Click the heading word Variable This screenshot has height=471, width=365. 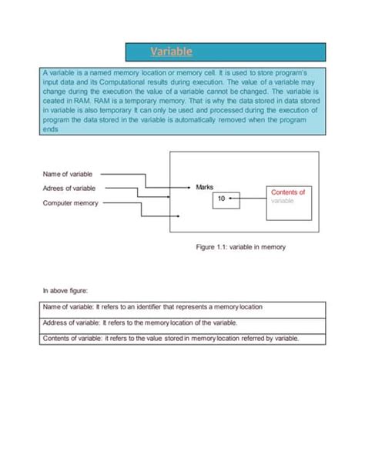pos(171,52)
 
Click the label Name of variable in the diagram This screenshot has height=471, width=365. pos(68,174)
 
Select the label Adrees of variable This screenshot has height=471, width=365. pos(69,188)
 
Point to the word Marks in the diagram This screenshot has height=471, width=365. pos(205,187)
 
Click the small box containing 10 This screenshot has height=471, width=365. pos(222,199)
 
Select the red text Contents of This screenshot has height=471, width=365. pos(289,192)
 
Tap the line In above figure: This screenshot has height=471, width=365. pos(65,291)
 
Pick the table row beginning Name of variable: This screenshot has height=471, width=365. pos(182,306)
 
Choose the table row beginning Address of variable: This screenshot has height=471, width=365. pos(182,322)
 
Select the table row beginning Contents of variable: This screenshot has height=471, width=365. pos(182,338)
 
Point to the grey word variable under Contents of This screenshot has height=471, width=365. pos(282,201)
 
